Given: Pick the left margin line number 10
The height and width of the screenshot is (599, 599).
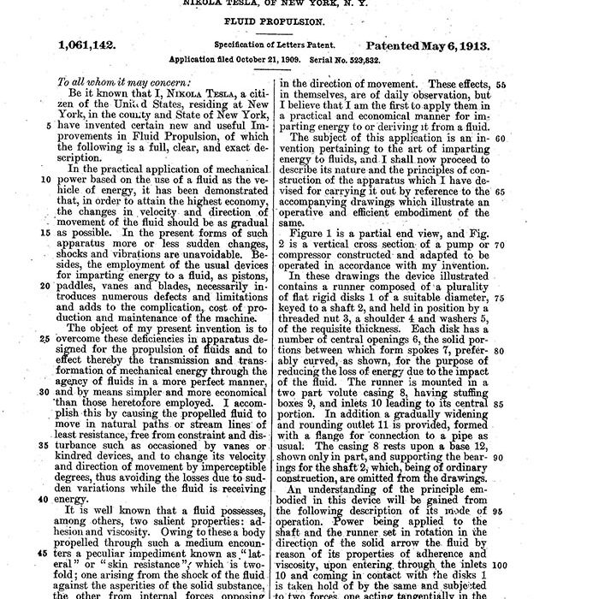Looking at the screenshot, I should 45,181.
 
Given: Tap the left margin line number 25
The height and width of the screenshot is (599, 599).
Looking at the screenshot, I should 45,338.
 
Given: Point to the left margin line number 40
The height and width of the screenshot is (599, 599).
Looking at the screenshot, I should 45,499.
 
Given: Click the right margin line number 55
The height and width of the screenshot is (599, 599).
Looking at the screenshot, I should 501,84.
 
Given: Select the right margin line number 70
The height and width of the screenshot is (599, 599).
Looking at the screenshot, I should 501,245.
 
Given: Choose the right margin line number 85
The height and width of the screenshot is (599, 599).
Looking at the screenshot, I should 501,404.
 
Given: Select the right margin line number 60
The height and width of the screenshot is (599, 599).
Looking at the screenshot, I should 501,138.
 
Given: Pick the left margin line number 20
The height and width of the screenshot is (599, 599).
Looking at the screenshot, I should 45,287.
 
